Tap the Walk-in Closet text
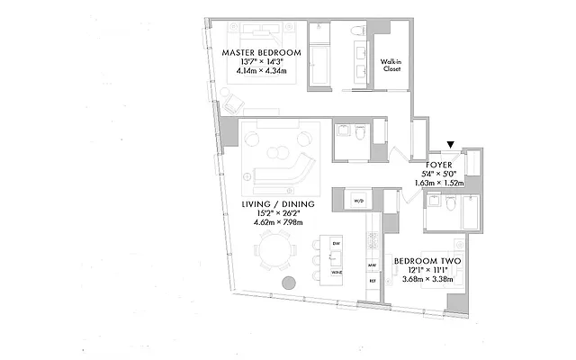tap(391, 66)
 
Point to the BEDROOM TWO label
tap(427, 261)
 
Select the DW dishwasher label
tap(337, 244)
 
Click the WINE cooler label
tap(337, 271)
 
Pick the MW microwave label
tap(371, 265)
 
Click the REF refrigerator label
tap(371, 282)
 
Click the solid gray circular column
tap(290, 283)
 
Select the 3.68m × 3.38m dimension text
tap(427, 279)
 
